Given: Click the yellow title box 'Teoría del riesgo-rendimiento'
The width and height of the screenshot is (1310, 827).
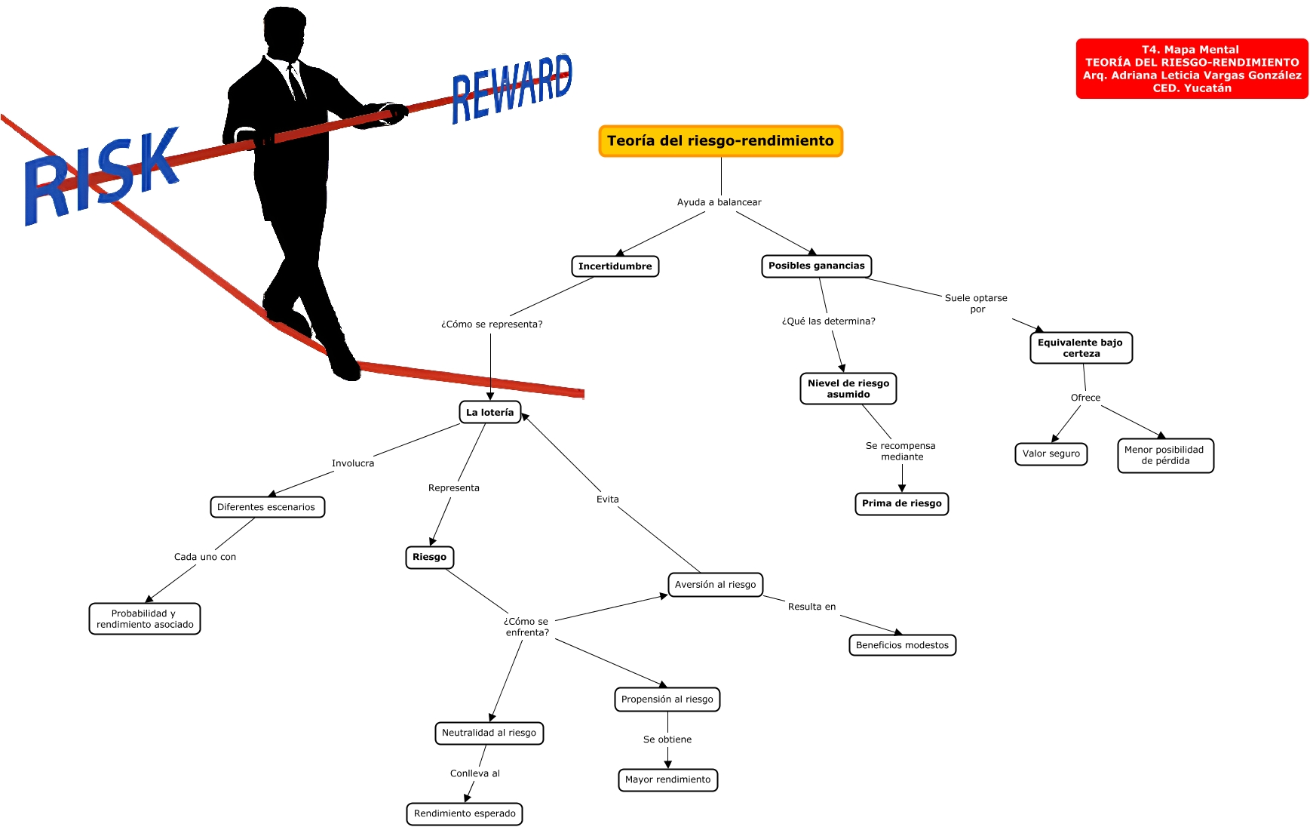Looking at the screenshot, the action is tap(720, 141).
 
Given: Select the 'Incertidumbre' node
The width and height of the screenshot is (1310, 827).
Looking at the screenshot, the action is tap(615, 266).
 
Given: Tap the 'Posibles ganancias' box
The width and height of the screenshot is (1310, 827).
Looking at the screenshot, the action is tap(816, 266).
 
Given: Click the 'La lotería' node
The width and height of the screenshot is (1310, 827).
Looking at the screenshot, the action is tap(489, 412).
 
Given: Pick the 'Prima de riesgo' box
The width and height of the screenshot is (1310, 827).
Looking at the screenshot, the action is tap(901, 503).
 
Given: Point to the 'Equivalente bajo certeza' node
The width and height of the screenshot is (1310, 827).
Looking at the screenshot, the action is tap(1081, 348).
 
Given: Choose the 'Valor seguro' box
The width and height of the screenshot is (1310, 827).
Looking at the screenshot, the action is tap(1051, 453).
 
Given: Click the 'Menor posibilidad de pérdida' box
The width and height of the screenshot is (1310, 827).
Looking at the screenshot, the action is tap(1165, 455).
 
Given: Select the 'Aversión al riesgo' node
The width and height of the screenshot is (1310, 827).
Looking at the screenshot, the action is tap(715, 584).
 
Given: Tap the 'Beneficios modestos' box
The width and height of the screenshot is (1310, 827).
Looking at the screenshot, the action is tap(902, 645).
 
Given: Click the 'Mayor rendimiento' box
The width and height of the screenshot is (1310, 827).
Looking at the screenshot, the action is tap(667, 779).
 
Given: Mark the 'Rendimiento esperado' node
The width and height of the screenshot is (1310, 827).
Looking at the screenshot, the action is tap(465, 813).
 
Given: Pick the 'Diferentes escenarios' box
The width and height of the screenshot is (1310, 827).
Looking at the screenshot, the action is tap(267, 507).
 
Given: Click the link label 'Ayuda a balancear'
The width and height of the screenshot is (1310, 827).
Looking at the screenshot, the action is tap(719, 202).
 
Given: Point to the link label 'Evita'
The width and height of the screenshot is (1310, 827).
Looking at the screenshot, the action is tap(608, 500).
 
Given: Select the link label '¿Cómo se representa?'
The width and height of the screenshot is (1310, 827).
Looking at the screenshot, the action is tap(492, 324).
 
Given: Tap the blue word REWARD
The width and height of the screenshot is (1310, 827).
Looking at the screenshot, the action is tap(512, 88).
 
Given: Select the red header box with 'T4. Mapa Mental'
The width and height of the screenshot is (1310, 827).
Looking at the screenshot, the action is tap(1192, 69).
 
